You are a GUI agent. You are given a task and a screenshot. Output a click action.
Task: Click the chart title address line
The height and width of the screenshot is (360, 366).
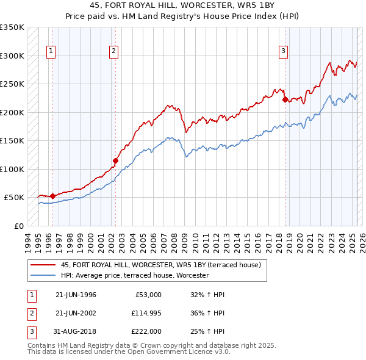(182, 5)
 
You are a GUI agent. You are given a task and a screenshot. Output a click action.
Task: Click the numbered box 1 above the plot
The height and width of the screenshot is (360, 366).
(51, 52)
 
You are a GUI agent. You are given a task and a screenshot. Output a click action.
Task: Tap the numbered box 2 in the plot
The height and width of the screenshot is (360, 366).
(114, 52)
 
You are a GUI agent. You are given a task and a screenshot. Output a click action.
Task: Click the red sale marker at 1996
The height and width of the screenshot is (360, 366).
(52, 196)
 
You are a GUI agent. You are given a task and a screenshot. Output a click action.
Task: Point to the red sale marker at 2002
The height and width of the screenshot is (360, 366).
(115, 161)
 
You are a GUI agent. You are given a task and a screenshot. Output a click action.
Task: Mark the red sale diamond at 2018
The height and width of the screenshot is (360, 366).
(285, 100)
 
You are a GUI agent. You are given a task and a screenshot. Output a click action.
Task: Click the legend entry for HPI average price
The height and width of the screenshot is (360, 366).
(135, 275)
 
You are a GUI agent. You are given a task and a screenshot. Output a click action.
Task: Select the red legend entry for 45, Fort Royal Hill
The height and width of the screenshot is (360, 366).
(161, 265)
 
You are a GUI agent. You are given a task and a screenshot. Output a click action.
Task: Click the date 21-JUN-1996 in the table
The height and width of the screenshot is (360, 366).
(76, 295)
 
